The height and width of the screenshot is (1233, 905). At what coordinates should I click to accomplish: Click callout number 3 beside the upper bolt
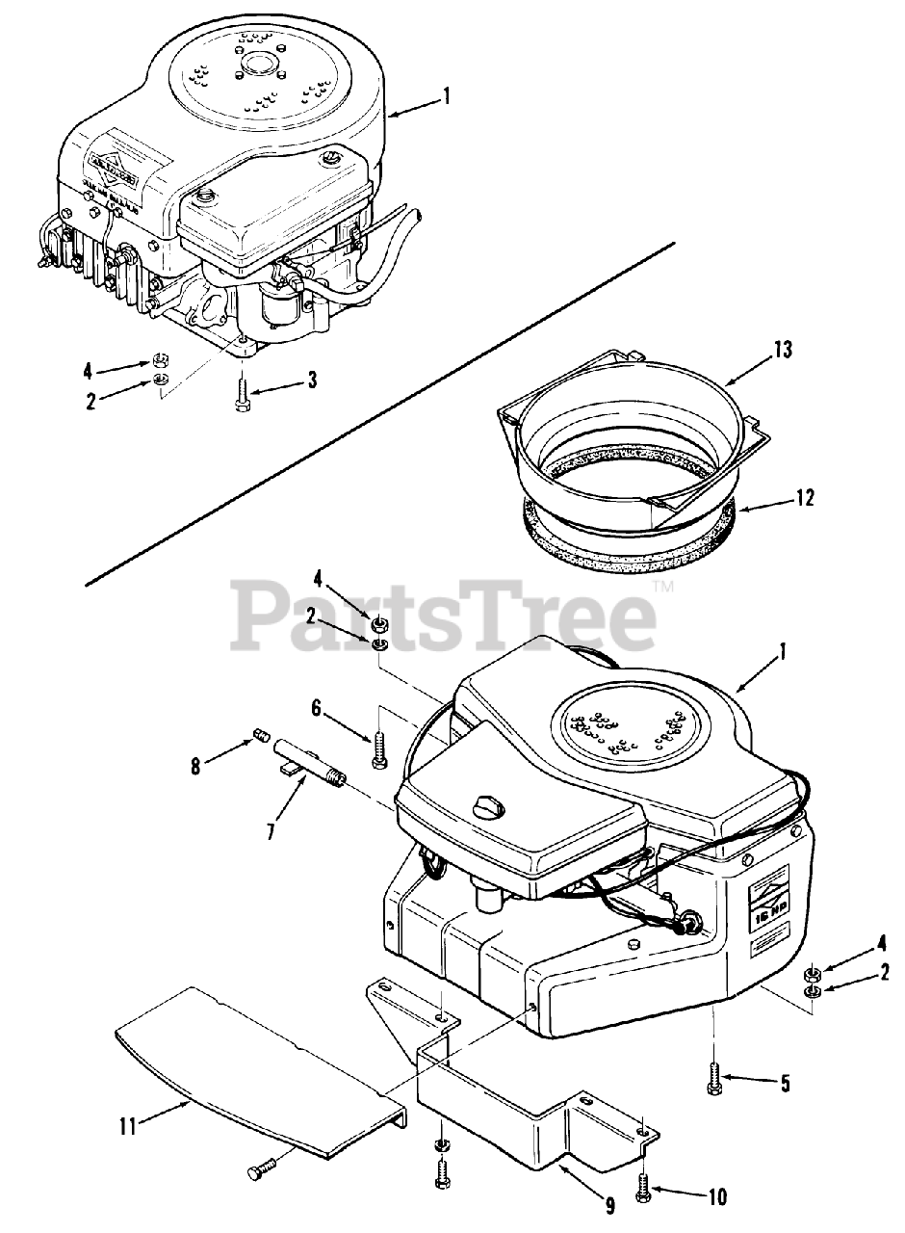coord(312,380)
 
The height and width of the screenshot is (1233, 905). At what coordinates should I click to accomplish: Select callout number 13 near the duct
coord(783,350)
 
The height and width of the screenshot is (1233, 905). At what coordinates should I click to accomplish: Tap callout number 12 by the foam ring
coord(806,497)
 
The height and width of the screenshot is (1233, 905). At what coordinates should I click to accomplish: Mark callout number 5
coord(785,1084)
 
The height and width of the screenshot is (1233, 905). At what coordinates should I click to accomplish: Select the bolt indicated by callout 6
coord(377,748)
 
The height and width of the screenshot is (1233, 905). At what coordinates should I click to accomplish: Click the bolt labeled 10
coord(643,1192)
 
